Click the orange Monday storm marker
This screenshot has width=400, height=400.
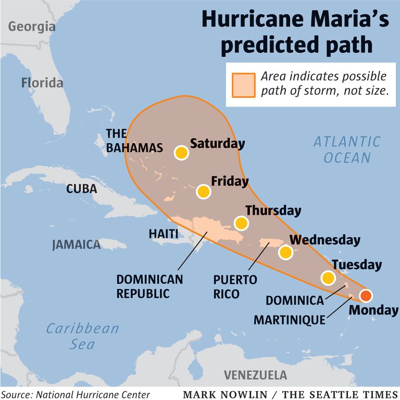(x=366, y=296)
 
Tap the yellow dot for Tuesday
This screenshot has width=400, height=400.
(x=328, y=278)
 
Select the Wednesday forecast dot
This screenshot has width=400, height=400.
(x=285, y=253)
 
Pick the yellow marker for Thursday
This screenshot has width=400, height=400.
(x=241, y=223)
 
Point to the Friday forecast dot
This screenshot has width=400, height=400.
(x=204, y=192)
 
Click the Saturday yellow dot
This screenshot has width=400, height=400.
(x=181, y=153)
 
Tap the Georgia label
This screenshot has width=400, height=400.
(x=32, y=27)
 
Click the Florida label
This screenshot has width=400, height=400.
(x=42, y=82)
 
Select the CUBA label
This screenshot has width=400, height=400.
(x=81, y=189)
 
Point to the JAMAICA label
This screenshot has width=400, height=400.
(x=76, y=244)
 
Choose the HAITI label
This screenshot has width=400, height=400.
(x=164, y=234)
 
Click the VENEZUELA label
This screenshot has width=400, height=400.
(x=255, y=375)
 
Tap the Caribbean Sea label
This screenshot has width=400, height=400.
(x=82, y=336)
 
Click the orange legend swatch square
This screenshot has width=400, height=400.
(x=243, y=84)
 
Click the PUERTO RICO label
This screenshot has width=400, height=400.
(x=235, y=287)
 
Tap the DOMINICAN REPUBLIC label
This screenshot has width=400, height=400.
(x=149, y=286)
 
